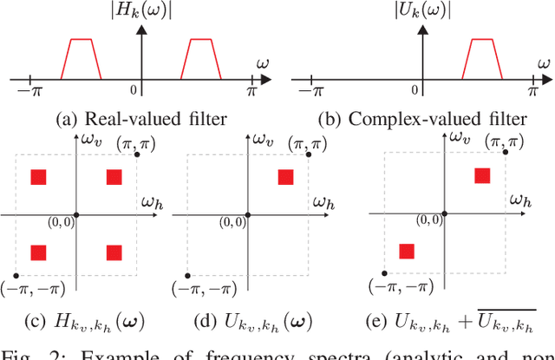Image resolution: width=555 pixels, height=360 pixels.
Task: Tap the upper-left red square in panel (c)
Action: click(x=38, y=177)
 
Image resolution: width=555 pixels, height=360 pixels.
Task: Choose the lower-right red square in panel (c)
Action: click(x=114, y=252)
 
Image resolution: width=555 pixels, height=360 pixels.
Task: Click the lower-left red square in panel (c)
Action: click(x=38, y=252)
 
